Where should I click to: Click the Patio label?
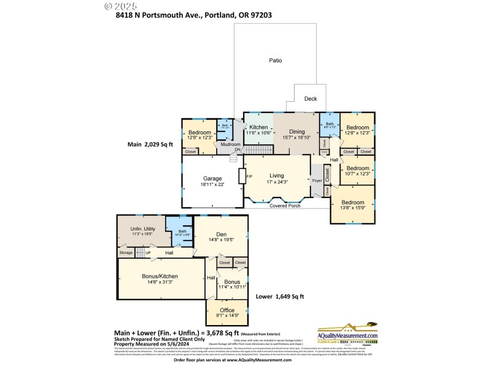point(276,61)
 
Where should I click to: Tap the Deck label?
point(311,98)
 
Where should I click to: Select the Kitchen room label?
point(258,127)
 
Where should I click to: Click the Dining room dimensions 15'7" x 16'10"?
point(297,138)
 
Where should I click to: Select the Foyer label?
point(317,180)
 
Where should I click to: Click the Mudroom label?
point(231,144)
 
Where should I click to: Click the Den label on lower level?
point(221,234)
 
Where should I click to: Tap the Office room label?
point(227,310)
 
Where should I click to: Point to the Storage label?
point(126,253)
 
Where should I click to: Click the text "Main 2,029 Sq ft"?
point(150,144)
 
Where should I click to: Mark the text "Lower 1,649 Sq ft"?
point(280,297)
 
